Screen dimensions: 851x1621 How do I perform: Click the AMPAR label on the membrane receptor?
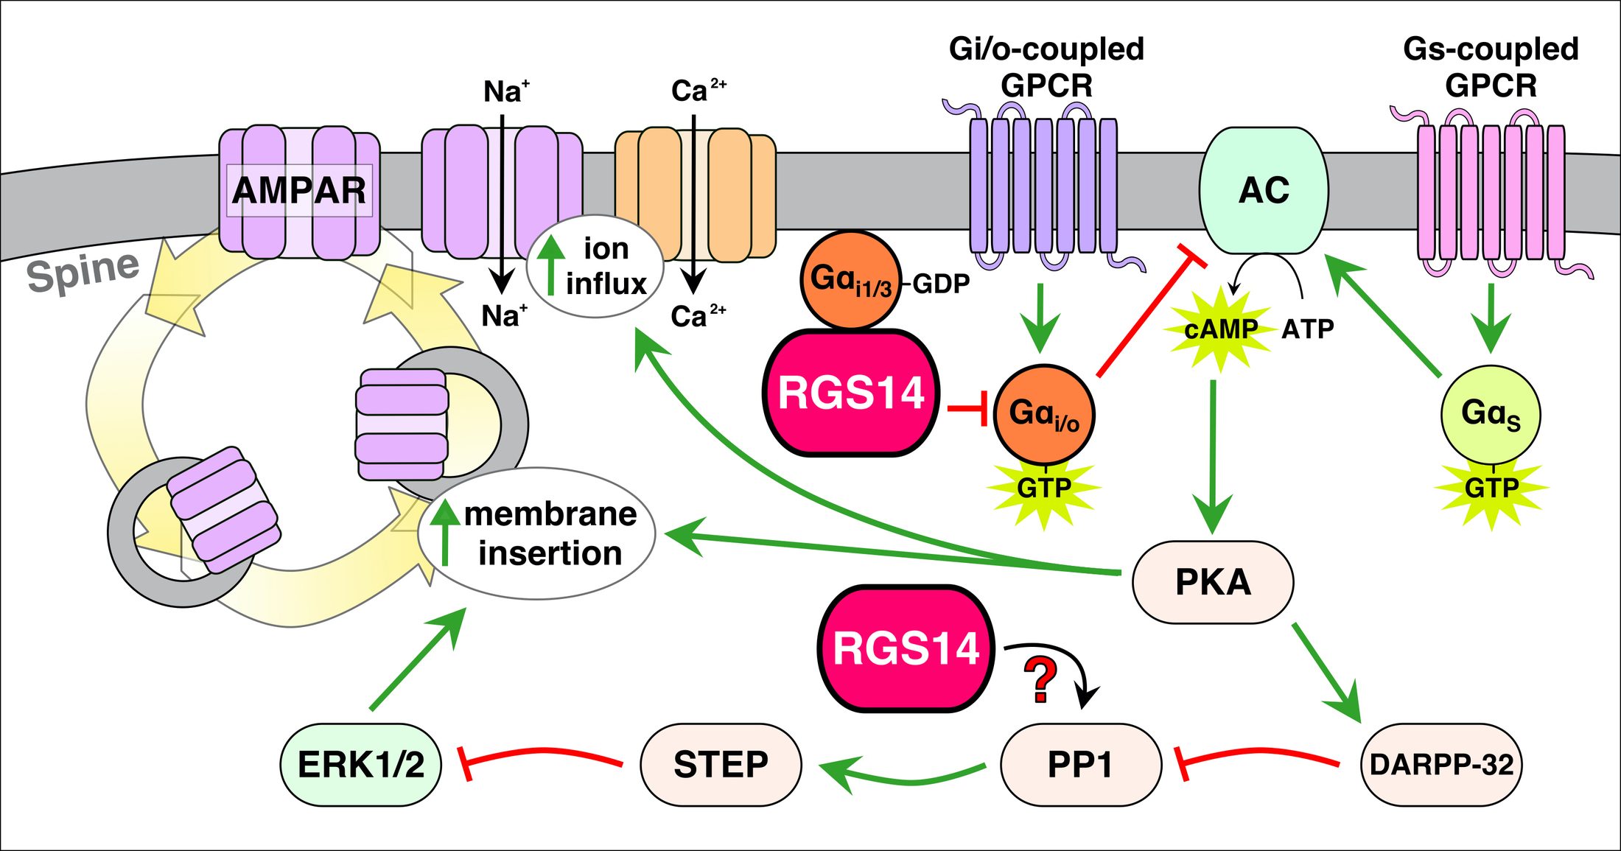[298, 190]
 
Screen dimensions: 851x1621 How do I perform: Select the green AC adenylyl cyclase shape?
[1264, 190]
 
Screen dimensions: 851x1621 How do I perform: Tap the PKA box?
[1213, 582]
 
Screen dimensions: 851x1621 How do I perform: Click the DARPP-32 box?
[1440, 764]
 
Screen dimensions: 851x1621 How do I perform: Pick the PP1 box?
[1080, 764]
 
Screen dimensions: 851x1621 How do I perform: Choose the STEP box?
[721, 764]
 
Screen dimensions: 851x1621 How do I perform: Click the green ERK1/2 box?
[360, 764]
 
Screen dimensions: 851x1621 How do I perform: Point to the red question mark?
[1040, 680]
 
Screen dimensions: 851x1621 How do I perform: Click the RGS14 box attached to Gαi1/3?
[851, 393]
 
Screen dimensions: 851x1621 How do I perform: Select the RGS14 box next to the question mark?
[906, 648]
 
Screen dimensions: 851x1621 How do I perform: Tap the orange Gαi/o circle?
[1044, 414]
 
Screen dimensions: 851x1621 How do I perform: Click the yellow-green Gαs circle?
[1491, 414]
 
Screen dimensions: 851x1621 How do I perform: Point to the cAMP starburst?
[1220, 329]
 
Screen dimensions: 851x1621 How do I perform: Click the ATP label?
[1308, 329]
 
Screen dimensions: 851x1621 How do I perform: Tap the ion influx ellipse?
[595, 266]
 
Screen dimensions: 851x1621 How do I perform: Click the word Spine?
[83, 270]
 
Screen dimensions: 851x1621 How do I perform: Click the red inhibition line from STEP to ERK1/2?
[542, 754]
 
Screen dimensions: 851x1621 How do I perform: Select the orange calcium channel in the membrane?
[695, 193]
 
